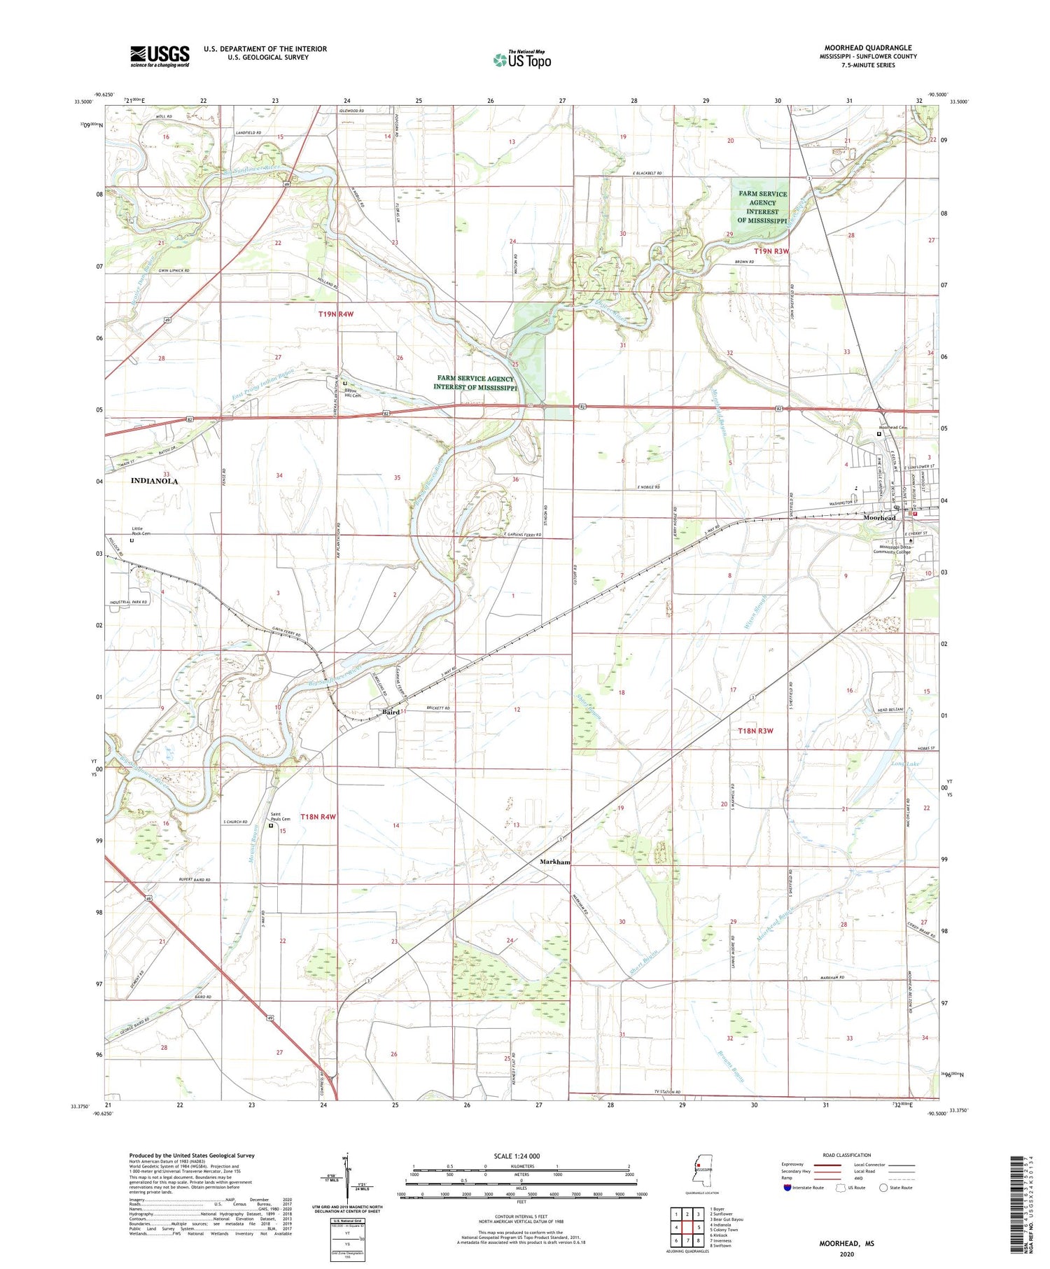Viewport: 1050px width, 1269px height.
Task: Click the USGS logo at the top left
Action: click(160, 56)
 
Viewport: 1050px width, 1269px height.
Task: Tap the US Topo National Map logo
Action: click(521, 59)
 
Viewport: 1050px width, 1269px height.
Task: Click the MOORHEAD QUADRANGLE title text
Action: click(867, 48)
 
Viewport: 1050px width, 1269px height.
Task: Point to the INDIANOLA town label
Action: click(154, 481)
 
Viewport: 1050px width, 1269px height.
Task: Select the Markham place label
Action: click(555, 862)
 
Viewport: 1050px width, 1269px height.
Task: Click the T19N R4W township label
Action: click(336, 314)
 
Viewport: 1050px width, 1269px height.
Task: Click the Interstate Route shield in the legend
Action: click(787, 1188)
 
